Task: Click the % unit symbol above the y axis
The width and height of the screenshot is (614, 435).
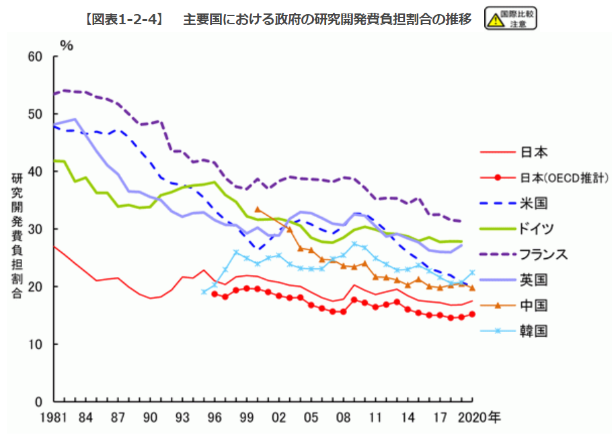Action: point(66,45)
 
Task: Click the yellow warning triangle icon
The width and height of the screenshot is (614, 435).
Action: point(496,20)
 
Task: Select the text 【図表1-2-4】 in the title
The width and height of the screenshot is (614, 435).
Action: point(125,19)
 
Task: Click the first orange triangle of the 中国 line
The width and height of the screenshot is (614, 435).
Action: point(258,209)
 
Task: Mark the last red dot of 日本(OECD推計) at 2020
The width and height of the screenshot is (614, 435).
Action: point(472,314)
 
